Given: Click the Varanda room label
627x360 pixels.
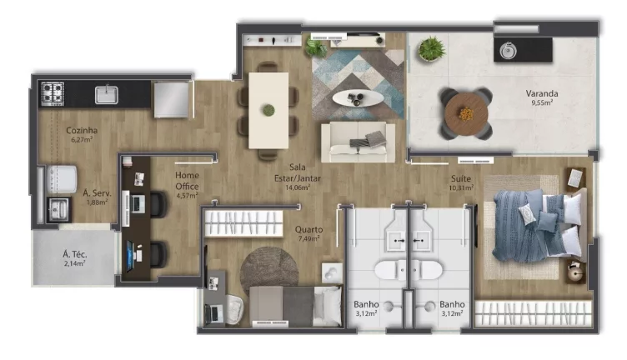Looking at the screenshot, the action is click(542, 93).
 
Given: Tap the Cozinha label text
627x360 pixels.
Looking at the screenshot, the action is click(82, 130).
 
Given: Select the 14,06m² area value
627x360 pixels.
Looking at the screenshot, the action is click(298, 187).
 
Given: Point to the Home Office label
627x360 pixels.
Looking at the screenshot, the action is click(187, 181).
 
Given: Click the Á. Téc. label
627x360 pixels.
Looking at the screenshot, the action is click(75, 254).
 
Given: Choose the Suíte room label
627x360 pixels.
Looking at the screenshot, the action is click(460, 178).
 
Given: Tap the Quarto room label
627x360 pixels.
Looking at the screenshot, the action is click(308, 230).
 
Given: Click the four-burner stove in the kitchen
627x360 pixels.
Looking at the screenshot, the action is click(53, 93).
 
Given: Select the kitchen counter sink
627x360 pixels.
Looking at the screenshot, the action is click(107, 95).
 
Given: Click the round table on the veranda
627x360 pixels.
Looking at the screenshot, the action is click(466, 114).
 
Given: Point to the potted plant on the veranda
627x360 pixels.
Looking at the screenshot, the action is click(431, 48).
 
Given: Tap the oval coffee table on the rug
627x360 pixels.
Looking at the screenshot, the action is click(358, 97).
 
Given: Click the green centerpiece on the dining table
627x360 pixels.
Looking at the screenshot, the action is click(268, 110).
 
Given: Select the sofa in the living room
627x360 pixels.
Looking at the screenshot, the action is click(359, 142).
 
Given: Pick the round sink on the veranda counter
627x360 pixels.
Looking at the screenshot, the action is click(508, 50).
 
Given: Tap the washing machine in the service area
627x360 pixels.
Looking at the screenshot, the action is click(62, 179).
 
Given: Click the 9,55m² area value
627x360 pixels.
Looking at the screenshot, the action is click(542, 102).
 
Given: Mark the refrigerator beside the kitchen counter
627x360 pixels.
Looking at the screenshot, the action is click(171, 99).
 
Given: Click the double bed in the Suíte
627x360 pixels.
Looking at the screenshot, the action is click(538, 227).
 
